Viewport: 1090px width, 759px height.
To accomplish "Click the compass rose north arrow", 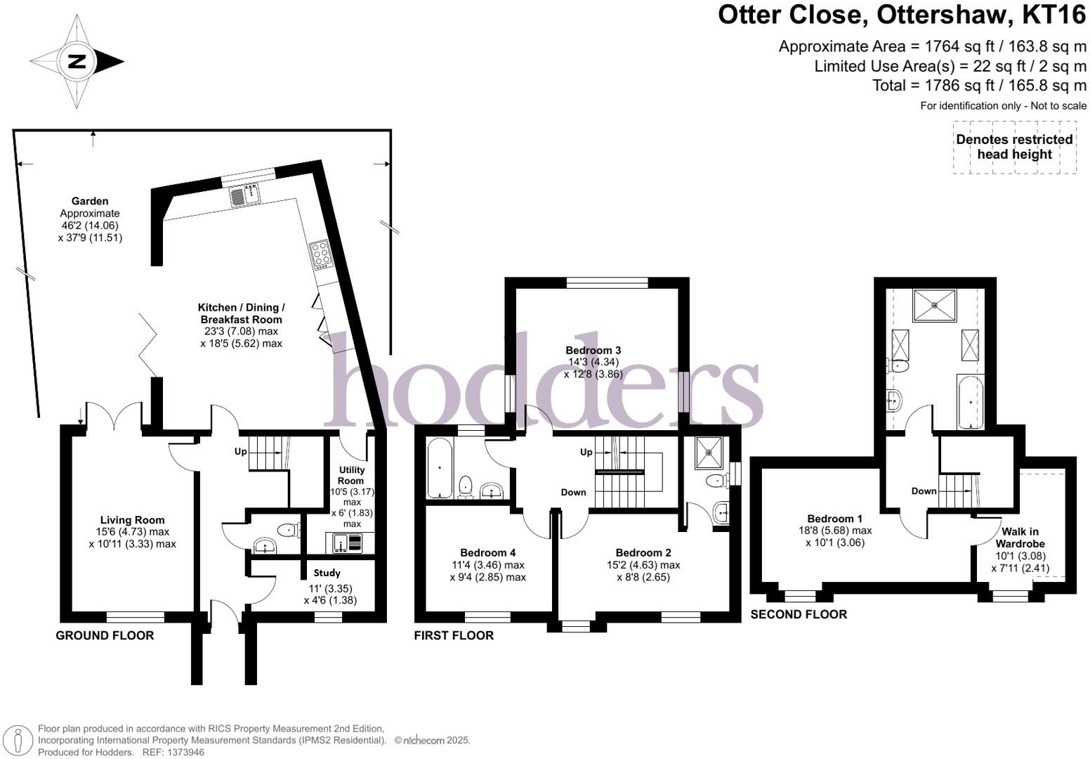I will pos(77,61).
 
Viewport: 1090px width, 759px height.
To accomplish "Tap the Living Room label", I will pos(132,521).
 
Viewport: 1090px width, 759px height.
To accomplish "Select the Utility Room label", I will pos(351,475).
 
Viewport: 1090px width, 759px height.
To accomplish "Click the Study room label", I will pos(327,573).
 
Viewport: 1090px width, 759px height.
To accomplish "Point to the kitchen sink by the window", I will pos(244,193).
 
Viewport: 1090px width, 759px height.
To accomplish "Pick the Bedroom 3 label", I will pos(593,350).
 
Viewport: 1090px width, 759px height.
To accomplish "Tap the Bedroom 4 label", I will pos(487,552).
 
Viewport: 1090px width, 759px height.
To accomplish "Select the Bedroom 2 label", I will pos(643,552).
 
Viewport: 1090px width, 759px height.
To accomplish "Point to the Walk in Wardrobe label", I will pos(1020,538).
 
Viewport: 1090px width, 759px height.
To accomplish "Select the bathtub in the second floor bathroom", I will pos(971,402).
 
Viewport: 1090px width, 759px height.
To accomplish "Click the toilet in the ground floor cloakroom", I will pos(287,529).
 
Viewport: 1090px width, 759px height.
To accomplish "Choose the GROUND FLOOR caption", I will pos(105,635).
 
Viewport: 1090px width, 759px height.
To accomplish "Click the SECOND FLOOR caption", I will pos(799,614).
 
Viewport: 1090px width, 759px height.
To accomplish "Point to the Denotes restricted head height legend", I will pos(1014,147).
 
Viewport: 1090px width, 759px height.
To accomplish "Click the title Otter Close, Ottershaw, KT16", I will pos(902,15).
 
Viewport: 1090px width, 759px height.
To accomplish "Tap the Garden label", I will pos(89,201).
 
